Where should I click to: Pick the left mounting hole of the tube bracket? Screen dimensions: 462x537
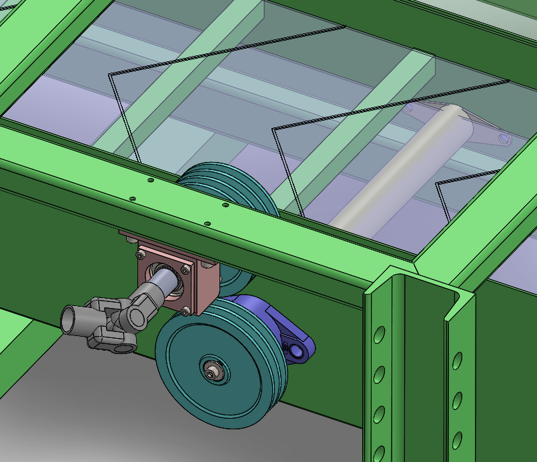(x=408, y=107)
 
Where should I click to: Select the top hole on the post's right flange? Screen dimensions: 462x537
(x=458, y=361)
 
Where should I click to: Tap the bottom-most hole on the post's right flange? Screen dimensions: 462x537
(x=458, y=438)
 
